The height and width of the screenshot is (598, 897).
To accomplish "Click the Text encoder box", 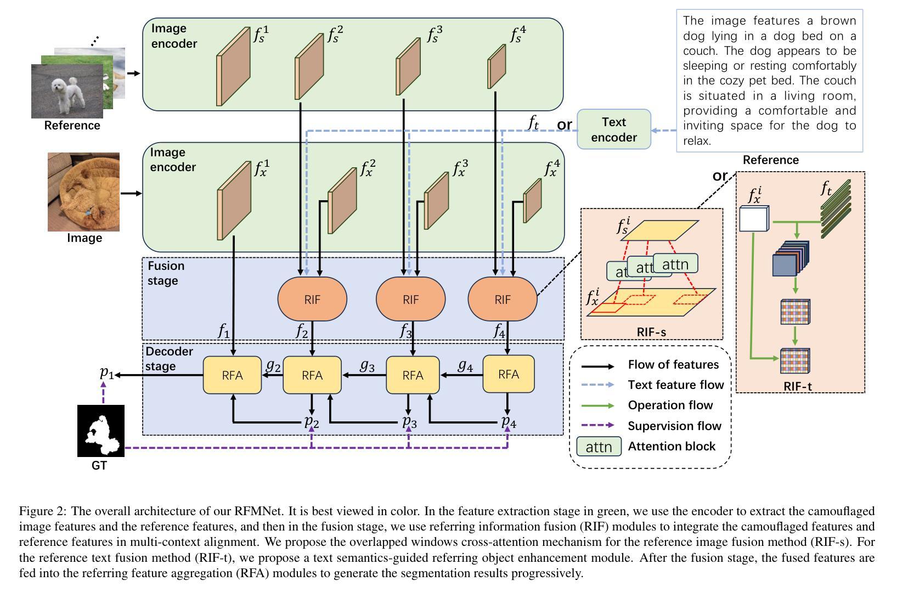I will [x=613, y=129].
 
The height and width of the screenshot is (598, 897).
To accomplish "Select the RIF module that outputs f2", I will [x=312, y=299].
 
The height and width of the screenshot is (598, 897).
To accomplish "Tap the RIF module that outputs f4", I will [x=502, y=299].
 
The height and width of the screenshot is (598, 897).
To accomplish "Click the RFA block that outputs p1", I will [x=232, y=375].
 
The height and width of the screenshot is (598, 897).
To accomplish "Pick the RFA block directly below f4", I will [x=509, y=374].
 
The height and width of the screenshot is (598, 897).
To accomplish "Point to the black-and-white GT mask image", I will [x=101, y=431].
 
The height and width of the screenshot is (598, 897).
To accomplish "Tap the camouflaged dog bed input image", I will [x=83, y=192].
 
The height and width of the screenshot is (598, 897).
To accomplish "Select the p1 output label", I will [x=106, y=373].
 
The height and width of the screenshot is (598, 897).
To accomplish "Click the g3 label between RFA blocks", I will [x=367, y=366].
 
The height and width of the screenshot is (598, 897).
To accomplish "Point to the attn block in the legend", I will [x=599, y=447].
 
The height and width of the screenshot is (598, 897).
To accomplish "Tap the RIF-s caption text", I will [x=651, y=332].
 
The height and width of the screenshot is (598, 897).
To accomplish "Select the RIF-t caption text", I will [x=798, y=386].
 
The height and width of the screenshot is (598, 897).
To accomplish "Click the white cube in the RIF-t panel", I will [x=754, y=218].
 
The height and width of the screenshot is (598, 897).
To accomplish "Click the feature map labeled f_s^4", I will [x=497, y=66].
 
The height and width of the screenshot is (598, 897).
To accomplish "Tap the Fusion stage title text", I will [x=166, y=273].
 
